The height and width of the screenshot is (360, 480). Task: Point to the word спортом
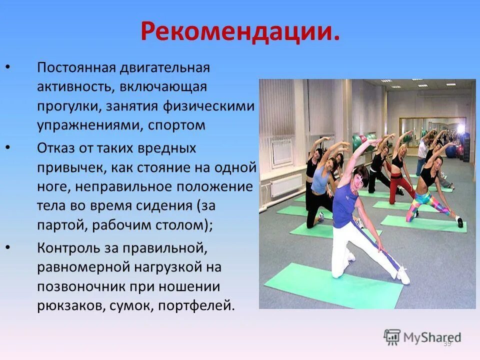[x=176, y=125]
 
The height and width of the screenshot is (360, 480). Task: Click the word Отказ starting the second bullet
[x=55, y=148]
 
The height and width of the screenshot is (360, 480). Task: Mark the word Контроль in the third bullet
[x=64, y=247]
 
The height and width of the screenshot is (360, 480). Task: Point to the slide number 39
[x=447, y=343]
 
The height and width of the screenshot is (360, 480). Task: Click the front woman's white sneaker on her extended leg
[x=403, y=276]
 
